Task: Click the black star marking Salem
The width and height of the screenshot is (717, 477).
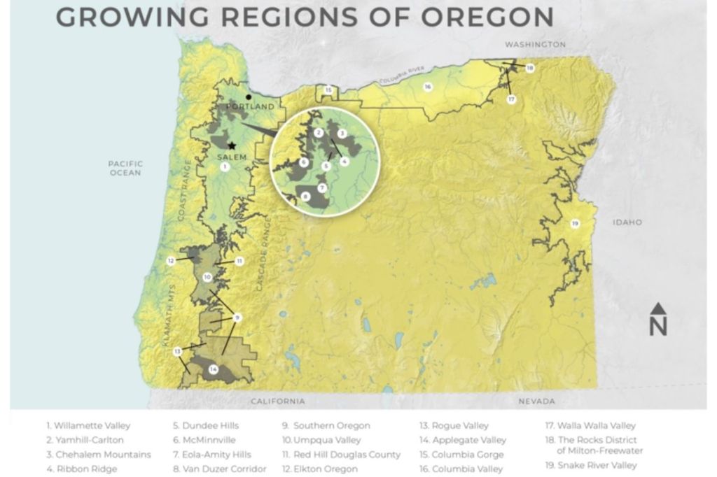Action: click(232, 145)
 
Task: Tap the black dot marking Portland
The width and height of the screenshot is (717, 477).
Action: click(248, 97)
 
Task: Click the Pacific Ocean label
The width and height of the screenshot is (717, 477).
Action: click(125, 168)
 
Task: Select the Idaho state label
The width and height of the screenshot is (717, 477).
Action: click(627, 222)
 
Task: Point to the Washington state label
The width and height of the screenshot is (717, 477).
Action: click(535, 44)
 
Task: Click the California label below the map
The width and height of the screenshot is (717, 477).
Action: click(278, 401)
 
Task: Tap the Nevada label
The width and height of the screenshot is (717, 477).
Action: click(536, 401)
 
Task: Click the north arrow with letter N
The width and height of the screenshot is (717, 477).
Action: click(658, 320)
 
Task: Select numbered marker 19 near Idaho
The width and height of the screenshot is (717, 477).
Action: click(575, 224)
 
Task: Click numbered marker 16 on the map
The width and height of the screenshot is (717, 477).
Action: click(427, 87)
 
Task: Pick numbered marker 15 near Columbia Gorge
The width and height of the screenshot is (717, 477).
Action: click(328, 90)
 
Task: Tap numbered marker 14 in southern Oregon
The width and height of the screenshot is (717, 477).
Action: click(214, 369)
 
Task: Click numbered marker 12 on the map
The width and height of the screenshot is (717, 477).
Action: click(170, 260)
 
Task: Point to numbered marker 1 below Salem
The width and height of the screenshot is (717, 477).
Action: click(224, 167)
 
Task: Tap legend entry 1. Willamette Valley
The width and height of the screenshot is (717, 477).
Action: click(88, 425)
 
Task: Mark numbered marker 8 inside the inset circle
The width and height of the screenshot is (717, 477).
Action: click(306, 197)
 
